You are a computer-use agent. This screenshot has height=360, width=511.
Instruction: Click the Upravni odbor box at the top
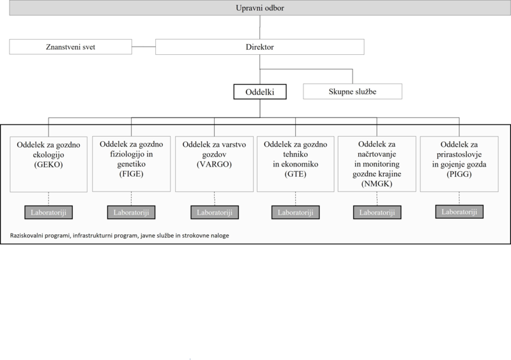click(x=260, y=8)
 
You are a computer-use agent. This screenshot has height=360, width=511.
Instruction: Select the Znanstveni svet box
click(x=70, y=47)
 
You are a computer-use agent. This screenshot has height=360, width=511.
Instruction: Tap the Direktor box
click(x=260, y=47)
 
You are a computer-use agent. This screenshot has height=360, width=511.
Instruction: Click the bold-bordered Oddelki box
click(x=260, y=92)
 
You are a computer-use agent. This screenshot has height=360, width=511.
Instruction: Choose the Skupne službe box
click(x=353, y=91)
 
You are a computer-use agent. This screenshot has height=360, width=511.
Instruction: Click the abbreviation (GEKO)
click(x=49, y=165)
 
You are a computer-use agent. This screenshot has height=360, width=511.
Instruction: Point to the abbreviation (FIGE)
click(x=132, y=174)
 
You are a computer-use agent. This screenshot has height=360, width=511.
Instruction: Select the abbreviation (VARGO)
click(x=214, y=164)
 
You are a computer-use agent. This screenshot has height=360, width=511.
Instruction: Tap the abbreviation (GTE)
click(x=296, y=174)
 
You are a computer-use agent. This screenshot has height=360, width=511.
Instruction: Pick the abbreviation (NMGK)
click(x=377, y=184)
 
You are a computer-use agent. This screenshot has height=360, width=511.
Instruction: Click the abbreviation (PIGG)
click(x=459, y=174)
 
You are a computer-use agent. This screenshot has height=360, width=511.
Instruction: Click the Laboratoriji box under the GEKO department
click(x=49, y=213)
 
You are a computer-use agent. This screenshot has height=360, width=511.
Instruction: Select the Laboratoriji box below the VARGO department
click(x=215, y=213)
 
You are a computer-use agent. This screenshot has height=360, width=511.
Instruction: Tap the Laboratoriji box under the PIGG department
click(x=459, y=212)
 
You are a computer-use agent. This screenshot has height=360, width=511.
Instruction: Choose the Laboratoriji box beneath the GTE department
click(x=296, y=213)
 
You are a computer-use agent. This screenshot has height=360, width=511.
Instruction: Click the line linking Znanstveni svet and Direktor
click(x=144, y=47)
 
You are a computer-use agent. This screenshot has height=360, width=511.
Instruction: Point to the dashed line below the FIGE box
click(x=132, y=199)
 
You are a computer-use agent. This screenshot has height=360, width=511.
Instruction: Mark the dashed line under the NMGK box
click(x=377, y=199)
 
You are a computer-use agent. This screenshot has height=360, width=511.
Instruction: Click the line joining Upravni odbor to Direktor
click(x=260, y=27)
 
